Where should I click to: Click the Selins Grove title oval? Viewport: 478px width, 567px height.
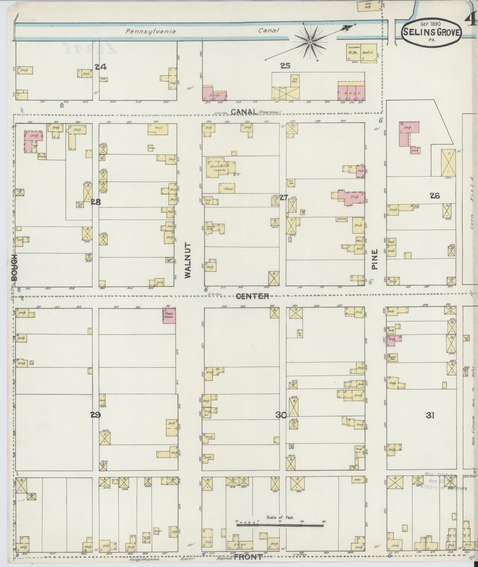point(431,31)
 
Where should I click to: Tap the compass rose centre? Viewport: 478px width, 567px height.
point(310,43)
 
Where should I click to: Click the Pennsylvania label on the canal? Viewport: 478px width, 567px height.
point(151,31)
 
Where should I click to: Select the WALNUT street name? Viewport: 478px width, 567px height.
point(188,261)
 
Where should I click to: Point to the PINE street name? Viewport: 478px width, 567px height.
point(375,259)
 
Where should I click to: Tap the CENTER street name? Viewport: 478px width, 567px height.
point(252,296)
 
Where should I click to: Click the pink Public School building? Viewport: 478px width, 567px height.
point(169,315)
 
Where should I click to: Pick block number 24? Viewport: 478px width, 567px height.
point(101,67)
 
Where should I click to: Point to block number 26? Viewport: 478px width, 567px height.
point(435,196)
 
